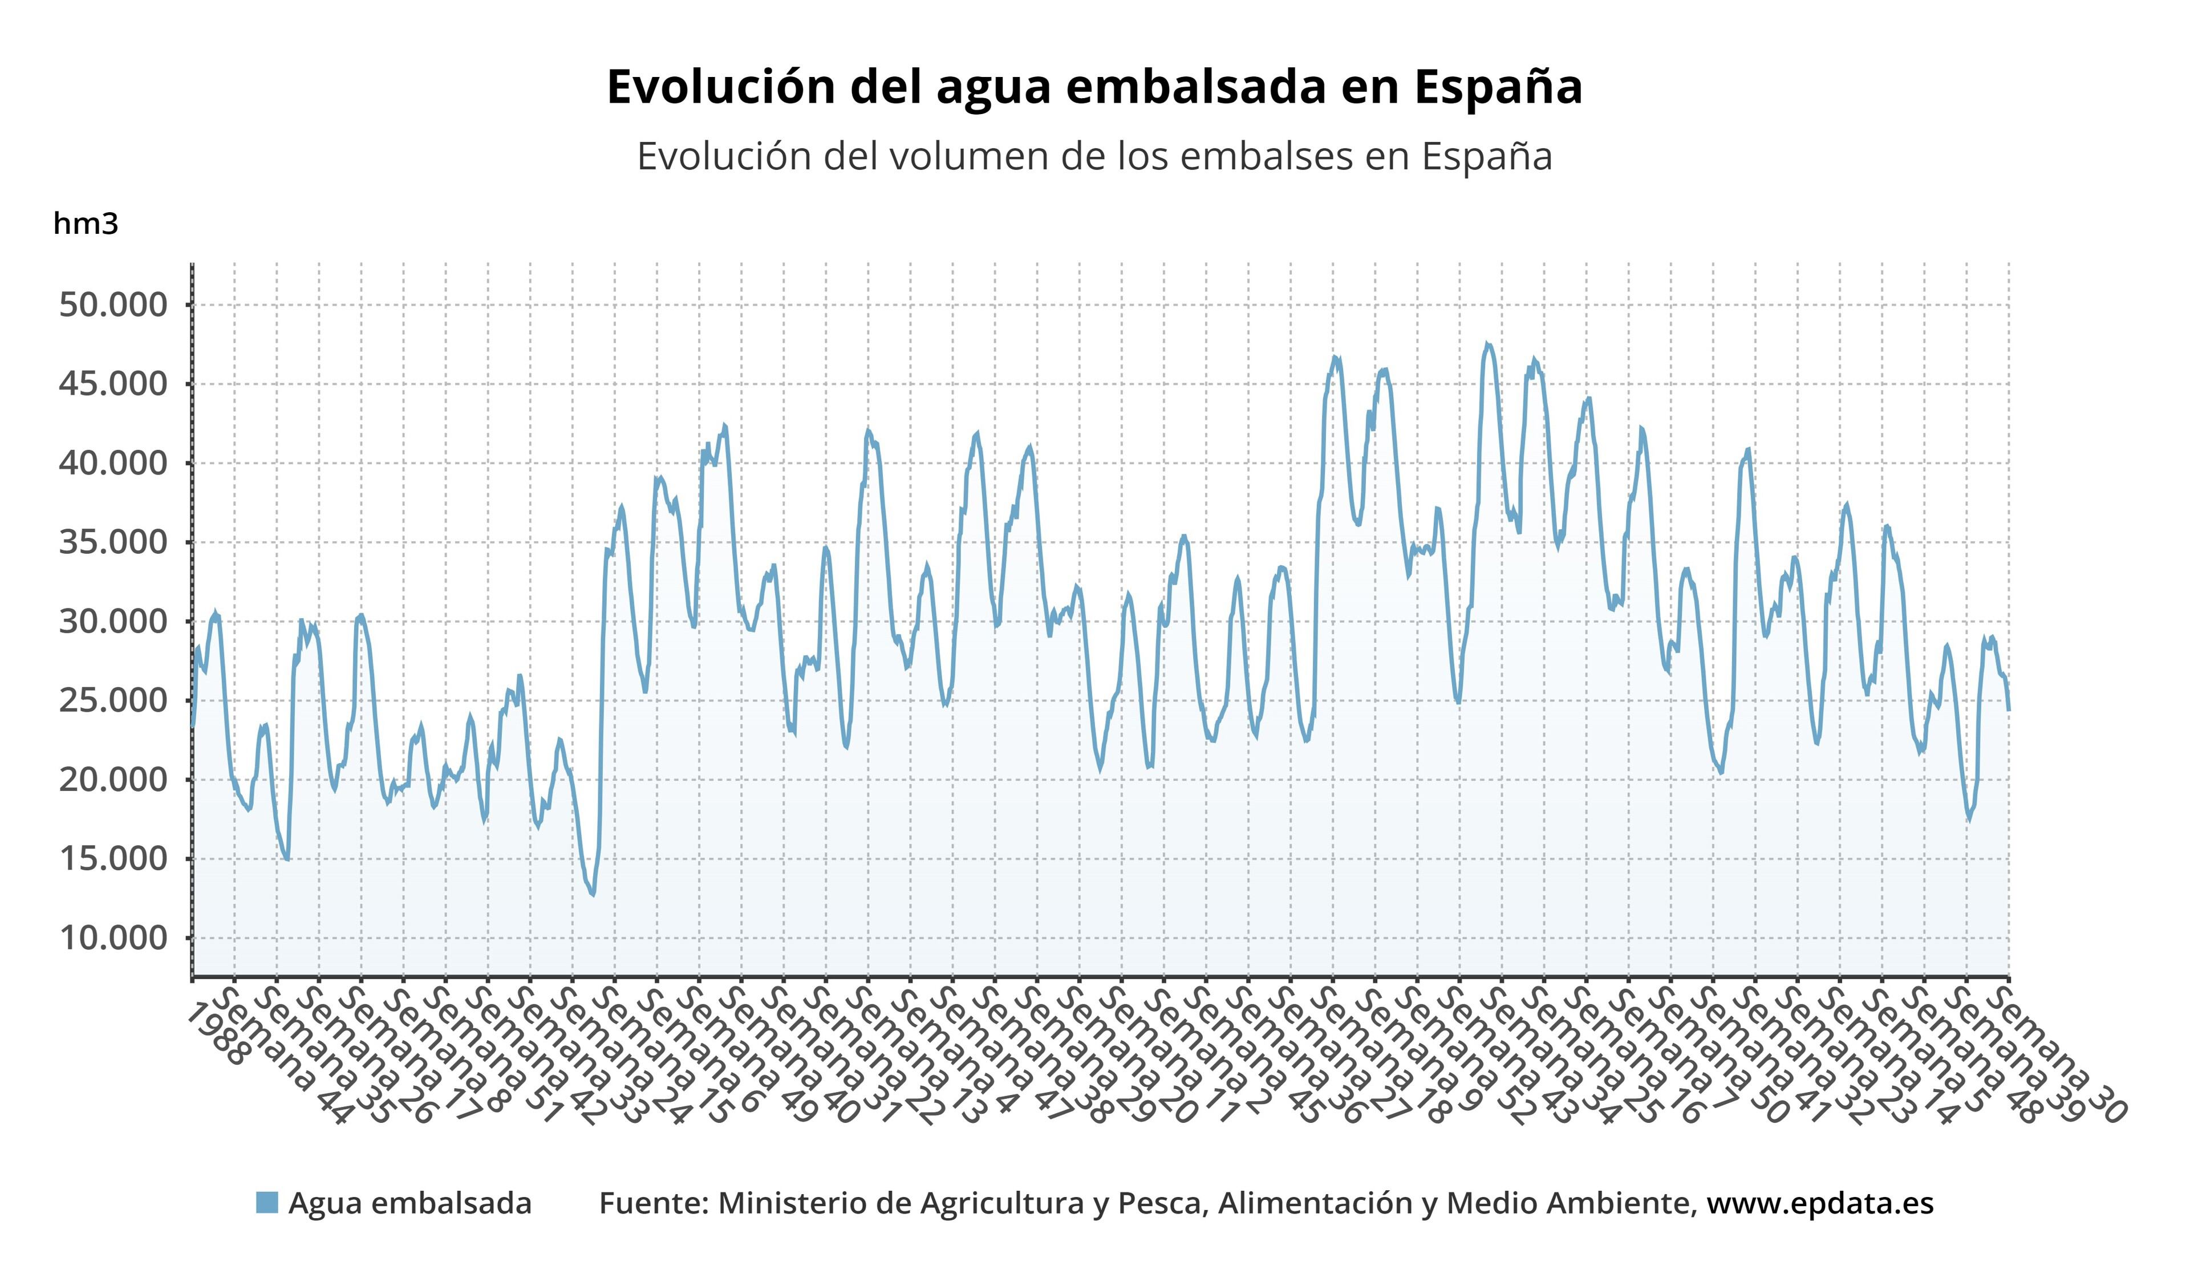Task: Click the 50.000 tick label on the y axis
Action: click(113, 305)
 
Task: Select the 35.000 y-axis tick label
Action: click(113, 542)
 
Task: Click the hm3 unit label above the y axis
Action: click(85, 224)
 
